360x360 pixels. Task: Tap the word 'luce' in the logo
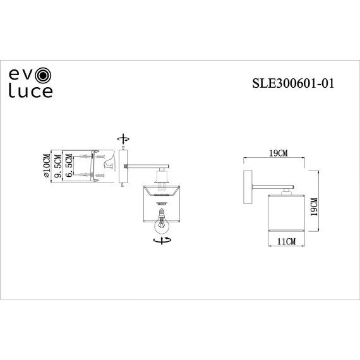(x=30, y=92)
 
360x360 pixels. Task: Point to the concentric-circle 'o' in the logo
(x=43, y=76)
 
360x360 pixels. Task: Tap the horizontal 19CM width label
(x=278, y=153)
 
